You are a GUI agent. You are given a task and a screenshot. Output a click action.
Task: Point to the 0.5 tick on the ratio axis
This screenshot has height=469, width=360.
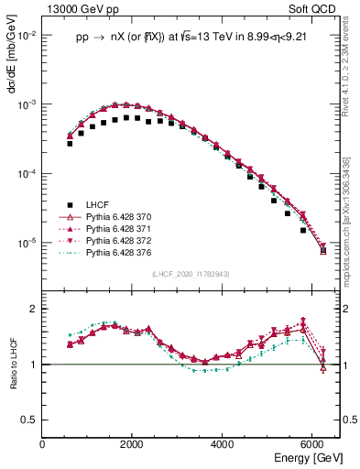[x=30, y=420]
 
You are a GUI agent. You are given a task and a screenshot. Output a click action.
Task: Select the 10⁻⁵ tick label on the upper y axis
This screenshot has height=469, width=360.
[x=27, y=243]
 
